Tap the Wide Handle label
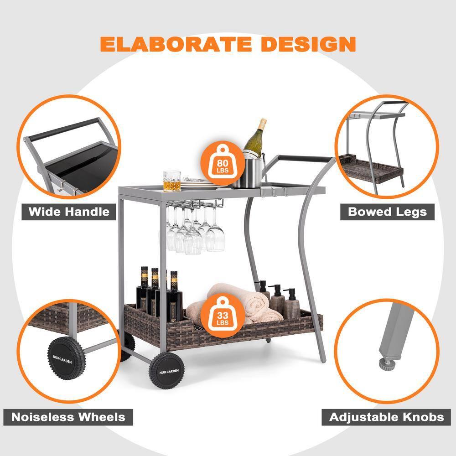(69, 212)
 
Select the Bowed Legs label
(387, 212)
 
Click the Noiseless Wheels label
(68, 417)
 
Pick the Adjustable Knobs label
(386, 417)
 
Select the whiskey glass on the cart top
(172, 181)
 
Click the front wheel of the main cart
(166, 371)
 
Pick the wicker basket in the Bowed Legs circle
(372, 168)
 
